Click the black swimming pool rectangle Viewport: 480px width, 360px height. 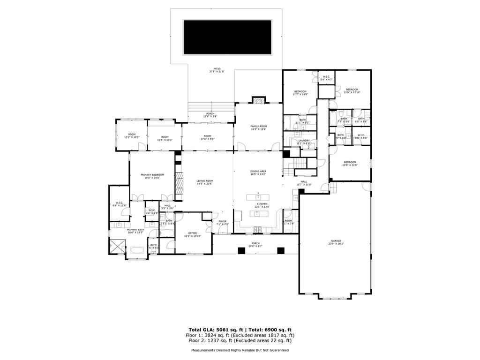[227, 37]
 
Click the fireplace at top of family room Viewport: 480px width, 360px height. [258, 100]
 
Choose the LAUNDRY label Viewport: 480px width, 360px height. [304, 141]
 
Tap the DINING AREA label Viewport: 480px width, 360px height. [258, 172]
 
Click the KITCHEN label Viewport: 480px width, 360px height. [262, 205]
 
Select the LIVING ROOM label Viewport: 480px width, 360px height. [204, 182]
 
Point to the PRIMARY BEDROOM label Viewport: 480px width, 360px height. [152, 176]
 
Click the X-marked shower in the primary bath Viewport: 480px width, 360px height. [117, 246]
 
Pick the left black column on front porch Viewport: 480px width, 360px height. [241, 251]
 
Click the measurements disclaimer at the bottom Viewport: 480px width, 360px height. [240, 350]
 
